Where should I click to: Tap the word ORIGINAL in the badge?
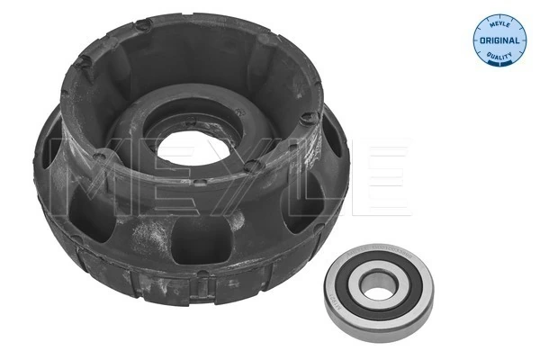pyautogui.click(x=497, y=40)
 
